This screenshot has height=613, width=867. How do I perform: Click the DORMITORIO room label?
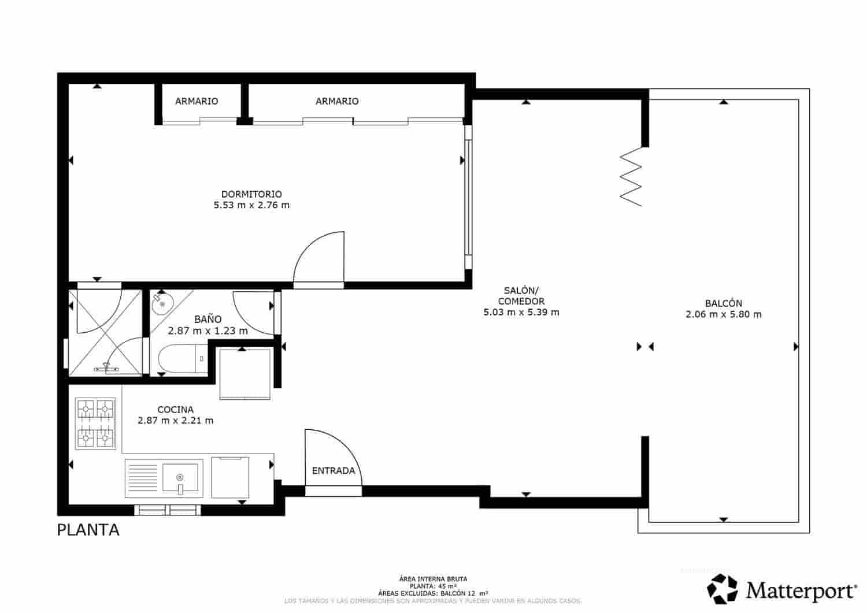[251, 194]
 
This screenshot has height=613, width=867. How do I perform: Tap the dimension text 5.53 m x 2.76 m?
[251, 205]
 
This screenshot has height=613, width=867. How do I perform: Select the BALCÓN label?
[723, 303]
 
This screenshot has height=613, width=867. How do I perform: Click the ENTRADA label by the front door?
[334, 471]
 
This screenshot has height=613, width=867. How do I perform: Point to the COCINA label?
[175, 410]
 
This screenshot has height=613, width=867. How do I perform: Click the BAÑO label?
[208, 319]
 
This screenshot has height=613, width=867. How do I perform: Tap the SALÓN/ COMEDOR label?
[521, 296]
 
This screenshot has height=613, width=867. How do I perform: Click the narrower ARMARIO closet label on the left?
[197, 101]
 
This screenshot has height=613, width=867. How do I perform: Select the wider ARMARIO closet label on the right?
[337, 101]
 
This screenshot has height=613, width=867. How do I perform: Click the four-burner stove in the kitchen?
[95, 424]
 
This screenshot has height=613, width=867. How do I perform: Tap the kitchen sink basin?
[180, 478]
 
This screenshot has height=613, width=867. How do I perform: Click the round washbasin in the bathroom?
[162, 303]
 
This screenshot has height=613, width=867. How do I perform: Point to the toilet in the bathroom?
[179, 359]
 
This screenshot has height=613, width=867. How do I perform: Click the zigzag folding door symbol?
[631, 176]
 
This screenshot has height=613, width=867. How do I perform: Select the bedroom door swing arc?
[318, 257]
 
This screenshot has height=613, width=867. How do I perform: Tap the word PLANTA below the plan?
[88, 530]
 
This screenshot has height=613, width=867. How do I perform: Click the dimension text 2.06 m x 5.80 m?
[723, 315]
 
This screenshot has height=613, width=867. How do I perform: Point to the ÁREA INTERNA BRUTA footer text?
[433, 578]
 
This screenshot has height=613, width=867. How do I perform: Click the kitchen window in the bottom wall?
[168, 510]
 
